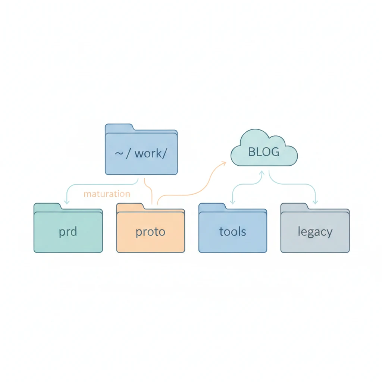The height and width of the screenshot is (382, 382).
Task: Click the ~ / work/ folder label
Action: pos(141,153)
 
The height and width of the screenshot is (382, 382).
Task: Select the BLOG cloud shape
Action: pos(264,149)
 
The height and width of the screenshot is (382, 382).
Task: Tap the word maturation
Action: pos(107,194)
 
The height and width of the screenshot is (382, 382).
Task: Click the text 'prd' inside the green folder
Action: pos(68,232)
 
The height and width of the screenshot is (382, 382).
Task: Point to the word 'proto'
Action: pos(150,232)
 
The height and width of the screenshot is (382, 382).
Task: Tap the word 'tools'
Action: pos(232,232)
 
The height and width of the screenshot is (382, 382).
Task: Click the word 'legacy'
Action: pos(315,232)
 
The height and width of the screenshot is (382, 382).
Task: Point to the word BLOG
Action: pos(264,152)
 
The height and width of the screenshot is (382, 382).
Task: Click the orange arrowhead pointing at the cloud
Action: pos(224,162)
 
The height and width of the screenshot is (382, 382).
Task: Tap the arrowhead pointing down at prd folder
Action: pos(67,201)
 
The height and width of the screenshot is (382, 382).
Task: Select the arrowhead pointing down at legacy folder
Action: pos(315,201)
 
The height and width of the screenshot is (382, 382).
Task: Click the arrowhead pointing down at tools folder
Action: pos(232,201)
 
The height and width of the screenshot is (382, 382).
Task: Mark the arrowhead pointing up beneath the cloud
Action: pos(262,173)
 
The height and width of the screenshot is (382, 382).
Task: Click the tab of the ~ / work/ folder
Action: pos(119,127)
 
